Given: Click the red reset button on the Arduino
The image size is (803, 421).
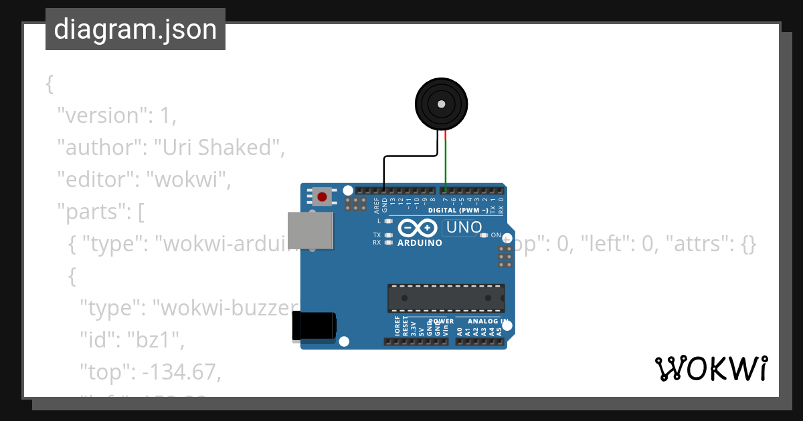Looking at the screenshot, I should coord(323,196).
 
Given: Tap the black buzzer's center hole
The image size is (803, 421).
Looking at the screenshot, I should coord(441,104).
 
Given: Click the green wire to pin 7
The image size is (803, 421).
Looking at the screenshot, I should coord(446,164).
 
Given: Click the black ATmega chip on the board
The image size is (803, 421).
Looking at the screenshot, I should coord(446,297).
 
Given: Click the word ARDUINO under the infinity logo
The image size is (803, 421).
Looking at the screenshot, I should coord(420,243).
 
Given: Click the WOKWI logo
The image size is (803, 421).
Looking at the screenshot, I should coord(711,369).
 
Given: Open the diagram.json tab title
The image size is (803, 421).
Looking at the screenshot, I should coord(135,29).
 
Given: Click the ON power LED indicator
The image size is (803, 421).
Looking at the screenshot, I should coord(484,235).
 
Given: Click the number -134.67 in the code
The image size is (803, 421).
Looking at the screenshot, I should coord(180,372).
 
